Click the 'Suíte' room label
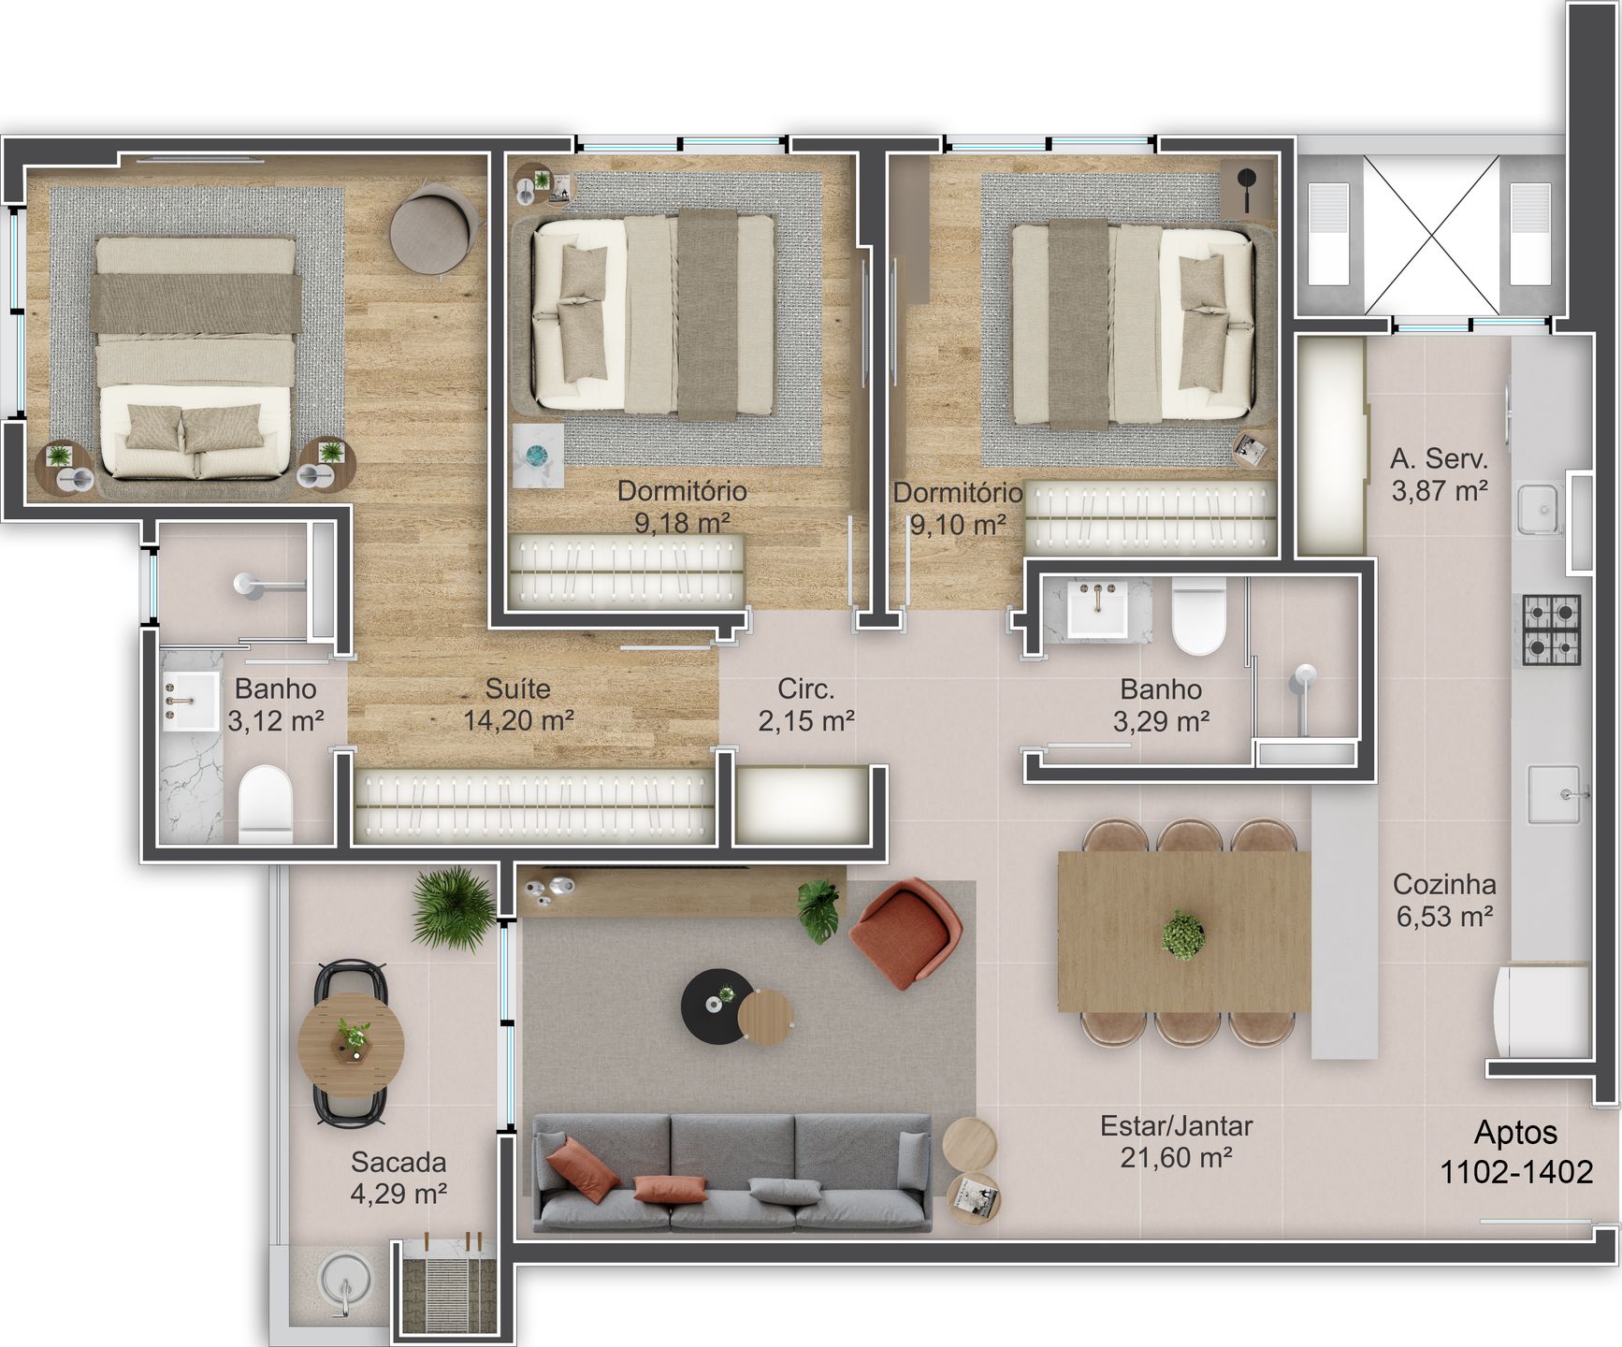coord(517,688)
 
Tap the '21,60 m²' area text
coord(1176,1158)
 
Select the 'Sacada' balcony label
coord(398,1162)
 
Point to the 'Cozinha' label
coord(1444,884)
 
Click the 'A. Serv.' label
coord(1439,458)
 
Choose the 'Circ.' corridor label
coord(805,688)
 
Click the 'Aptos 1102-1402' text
coord(1516,1151)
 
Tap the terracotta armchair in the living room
coord(905,933)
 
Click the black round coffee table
coord(717,1007)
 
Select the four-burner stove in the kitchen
coord(1552,630)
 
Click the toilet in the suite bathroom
coord(266,804)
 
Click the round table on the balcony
coord(351,1045)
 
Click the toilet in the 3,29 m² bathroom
coord(1198,616)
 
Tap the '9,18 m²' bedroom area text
coord(682,523)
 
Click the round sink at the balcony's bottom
coord(345,1282)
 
